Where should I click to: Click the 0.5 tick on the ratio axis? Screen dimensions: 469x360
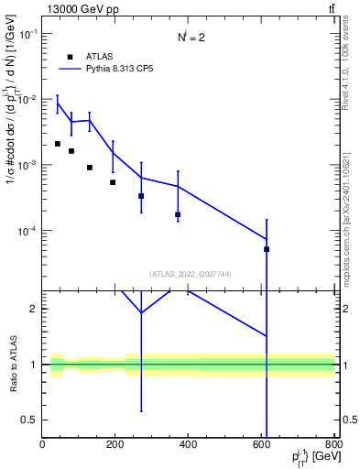coord(28,420)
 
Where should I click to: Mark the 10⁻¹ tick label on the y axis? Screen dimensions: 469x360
coord(26,33)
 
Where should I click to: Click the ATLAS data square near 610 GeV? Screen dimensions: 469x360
coord(267,249)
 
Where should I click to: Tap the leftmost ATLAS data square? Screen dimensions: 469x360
coord(57,144)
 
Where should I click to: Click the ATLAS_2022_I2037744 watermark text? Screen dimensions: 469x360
coord(189,273)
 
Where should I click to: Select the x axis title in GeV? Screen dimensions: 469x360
coord(311,457)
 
